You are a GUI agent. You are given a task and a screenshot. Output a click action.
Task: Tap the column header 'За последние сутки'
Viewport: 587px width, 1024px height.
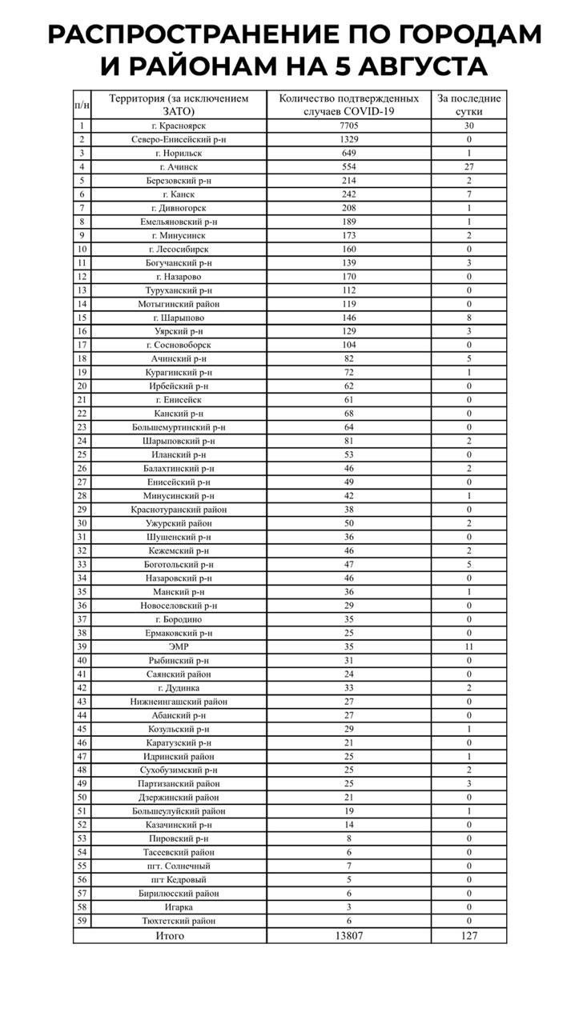[469, 105]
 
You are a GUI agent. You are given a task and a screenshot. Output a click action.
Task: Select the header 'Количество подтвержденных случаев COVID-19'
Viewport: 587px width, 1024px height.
[348, 105]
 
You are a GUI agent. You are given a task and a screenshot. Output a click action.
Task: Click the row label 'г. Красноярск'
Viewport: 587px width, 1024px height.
[179, 126]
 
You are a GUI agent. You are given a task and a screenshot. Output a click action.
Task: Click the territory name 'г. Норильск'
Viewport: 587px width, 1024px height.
[179, 153]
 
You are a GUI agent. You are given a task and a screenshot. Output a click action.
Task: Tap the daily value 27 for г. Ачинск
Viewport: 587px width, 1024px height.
[469, 166]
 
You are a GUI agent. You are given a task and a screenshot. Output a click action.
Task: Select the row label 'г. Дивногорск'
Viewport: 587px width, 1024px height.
[179, 208]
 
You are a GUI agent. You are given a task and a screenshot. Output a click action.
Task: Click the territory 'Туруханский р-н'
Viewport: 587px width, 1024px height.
[179, 290]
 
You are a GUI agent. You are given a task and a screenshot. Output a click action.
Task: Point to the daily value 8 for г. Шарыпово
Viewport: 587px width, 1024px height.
[469, 318]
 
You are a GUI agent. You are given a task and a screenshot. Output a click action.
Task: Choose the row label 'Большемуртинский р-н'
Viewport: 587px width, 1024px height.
[179, 427]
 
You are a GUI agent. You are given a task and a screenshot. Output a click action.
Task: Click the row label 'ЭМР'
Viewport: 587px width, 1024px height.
[179, 646]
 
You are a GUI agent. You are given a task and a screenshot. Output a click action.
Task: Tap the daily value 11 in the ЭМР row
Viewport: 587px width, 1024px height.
[469, 646]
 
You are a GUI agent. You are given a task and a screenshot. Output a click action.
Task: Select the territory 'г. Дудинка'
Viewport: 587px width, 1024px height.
[179, 687]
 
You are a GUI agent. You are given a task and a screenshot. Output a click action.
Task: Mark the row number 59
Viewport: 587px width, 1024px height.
[82, 921]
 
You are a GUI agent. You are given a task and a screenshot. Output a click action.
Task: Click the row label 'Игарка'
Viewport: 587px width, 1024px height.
[179, 907]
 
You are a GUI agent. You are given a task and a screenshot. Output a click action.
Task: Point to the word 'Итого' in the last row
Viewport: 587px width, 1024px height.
[170, 935]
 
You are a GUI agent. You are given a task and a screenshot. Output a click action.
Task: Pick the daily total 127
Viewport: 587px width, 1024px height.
[469, 935]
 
